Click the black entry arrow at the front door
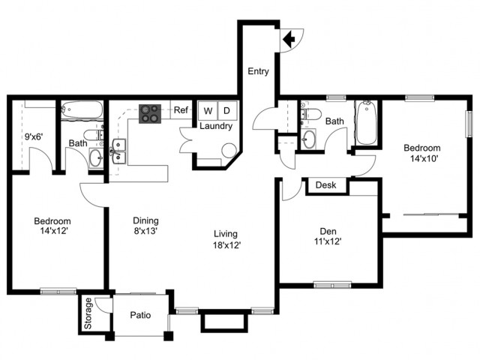pos(289,39)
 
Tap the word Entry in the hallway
pos(258,71)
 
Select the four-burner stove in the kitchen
pos(150,114)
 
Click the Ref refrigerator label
pos(181,110)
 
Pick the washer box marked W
pos(208,110)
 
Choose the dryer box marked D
pos(227,110)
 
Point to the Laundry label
pos(216,126)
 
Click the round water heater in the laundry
pos(229,151)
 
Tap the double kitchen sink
pos(119,151)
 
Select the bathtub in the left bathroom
pos(82,109)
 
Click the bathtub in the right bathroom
pos(367,122)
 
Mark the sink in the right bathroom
pos(308,139)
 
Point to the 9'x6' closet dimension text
pos(34,136)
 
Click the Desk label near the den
pos(325,185)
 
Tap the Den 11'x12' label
pos(328,236)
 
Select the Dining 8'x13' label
pos(145,225)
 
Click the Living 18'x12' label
pos(226,239)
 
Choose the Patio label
pos(140,315)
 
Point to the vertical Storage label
pos(88,313)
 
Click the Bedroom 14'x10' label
pos(422,153)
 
